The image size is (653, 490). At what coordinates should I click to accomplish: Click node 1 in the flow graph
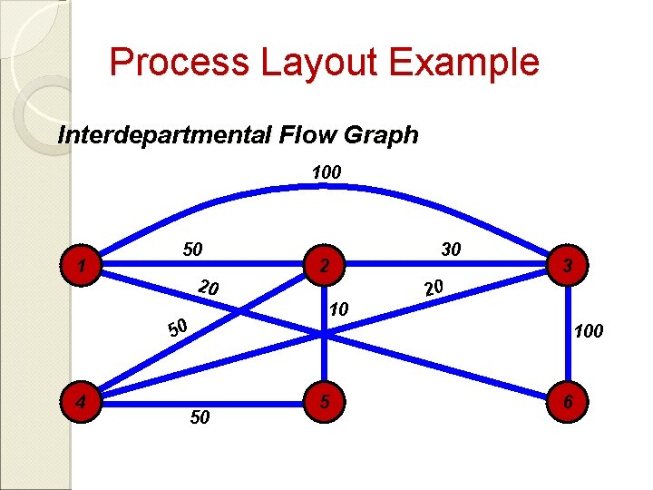[x=83, y=267]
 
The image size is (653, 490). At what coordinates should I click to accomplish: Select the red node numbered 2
[x=325, y=266]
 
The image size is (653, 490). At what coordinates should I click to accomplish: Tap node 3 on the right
[x=566, y=266]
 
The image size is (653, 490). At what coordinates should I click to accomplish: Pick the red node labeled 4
[x=83, y=399]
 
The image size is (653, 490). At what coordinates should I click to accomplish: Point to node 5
[x=325, y=399]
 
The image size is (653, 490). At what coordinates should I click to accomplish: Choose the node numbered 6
[x=566, y=399]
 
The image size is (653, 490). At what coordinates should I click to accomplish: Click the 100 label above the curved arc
[x=326, y=171]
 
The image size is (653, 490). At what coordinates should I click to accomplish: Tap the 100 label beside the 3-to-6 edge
[x=588, y=332]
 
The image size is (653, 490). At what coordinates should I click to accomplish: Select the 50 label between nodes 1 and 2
[x=193, y=249]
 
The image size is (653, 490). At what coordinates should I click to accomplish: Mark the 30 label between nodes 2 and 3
[x=450, y=249]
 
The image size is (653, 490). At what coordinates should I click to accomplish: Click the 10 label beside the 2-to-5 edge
[x=338, y=310]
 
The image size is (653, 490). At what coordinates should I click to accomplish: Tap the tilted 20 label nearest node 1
[x=208, y=289]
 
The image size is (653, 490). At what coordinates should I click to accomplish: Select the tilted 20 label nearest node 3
[x=433, y=288]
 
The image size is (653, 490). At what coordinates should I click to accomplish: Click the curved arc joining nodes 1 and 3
[x=326, y=188]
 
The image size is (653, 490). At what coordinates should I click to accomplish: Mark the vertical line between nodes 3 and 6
[x=566, y=332]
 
